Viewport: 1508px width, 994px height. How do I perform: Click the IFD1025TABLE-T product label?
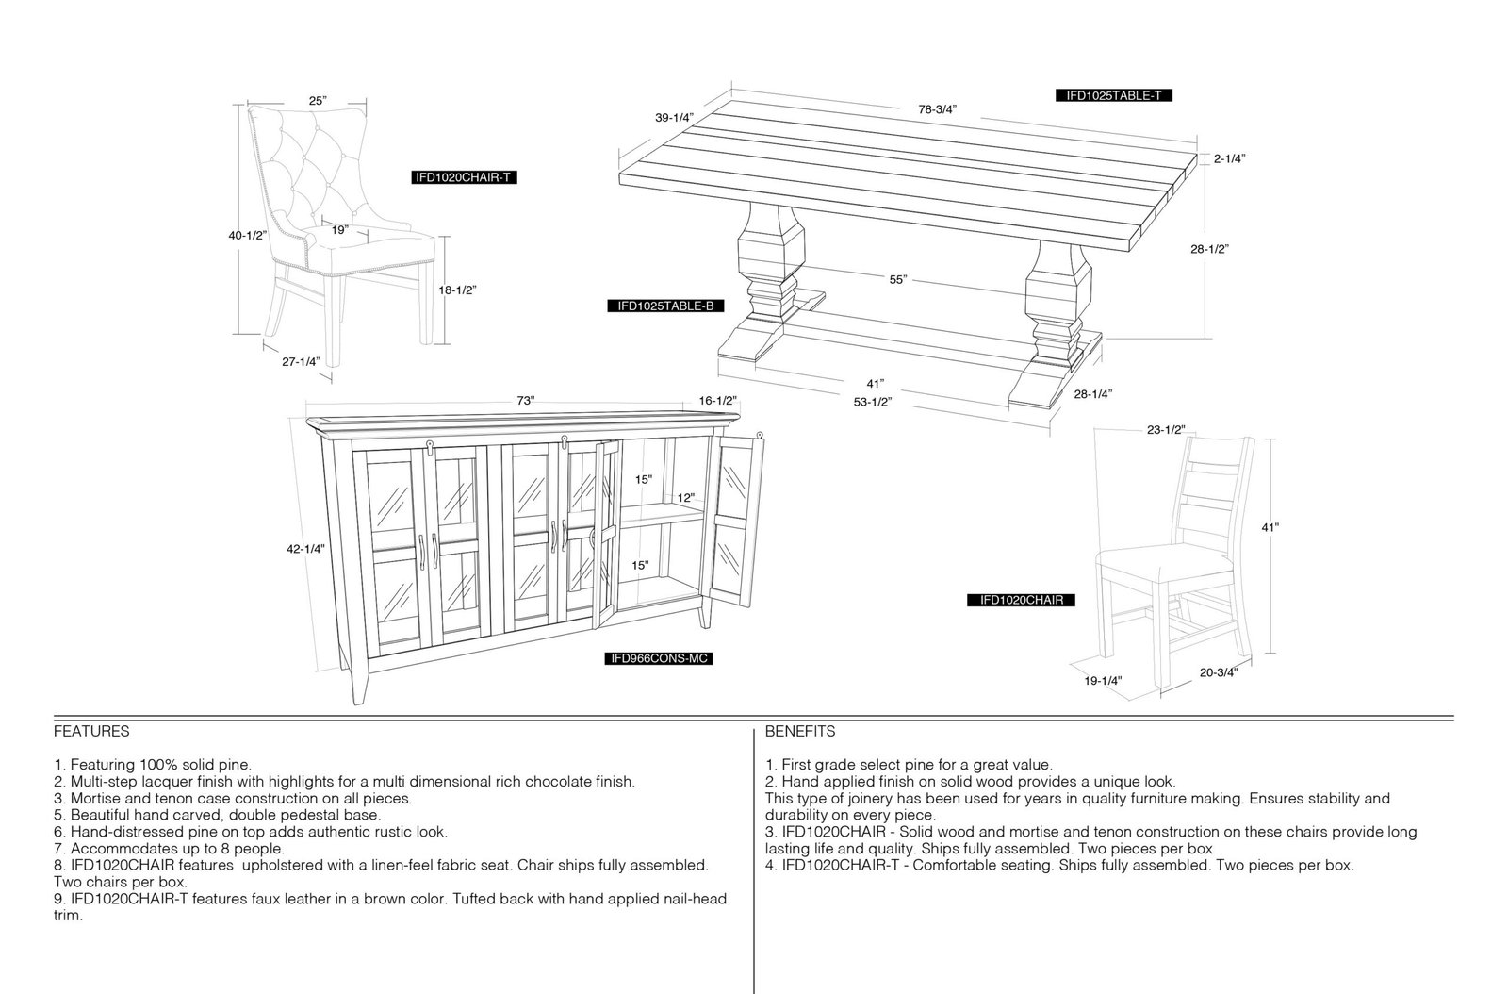pyautogui.click(x=1113, y=95)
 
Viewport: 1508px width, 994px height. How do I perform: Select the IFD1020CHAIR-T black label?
pyautogui.click(x=464, y=178)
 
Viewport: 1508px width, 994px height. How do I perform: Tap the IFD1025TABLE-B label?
pyautogui.click(x=665, y=306)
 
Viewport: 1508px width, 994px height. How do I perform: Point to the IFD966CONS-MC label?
pyautogui.click(x=658, y=658)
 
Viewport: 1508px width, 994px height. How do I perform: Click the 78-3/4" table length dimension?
pyautogui.click(x=937, y=109)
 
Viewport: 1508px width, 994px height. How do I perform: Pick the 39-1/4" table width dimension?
pyautogui.click(x=674, y=118)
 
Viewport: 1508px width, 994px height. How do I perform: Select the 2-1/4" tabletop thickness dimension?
pyautogui.click(x=1229, y=159)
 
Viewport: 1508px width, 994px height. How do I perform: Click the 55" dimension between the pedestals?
pyautogui.click(x=898, y=279)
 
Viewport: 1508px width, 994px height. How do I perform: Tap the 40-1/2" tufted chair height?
pyautogui.click(x=248, y=236)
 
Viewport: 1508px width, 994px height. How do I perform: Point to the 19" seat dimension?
pyautogui.click(x=340, y=230)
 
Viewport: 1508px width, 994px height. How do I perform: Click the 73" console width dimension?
pyautogui.click(x=526, y=401)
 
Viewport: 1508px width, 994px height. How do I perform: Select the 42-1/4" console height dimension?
pyautogui.click(x=305, y=549)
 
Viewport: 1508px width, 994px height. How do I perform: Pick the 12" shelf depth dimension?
pyautogui.click(x=686, y=498)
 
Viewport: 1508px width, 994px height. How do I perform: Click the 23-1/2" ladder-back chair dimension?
pyautogui.click(x=1166, y=430)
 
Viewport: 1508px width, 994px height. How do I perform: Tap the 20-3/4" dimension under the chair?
pyautogui.click(x=1219, y=672)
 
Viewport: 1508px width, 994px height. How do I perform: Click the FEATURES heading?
pyautogui.click(x=91, y=732)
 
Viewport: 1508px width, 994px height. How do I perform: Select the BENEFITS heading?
pyautogui.click(x=800, y=732)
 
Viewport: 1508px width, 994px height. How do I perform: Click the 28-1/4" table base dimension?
pyautogui.click(x=1092, y=394)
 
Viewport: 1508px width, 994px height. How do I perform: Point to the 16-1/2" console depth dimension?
pyautogui.click(x=717, y=401)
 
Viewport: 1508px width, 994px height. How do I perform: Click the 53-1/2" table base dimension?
pyautogui.click(x=873, y=403)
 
